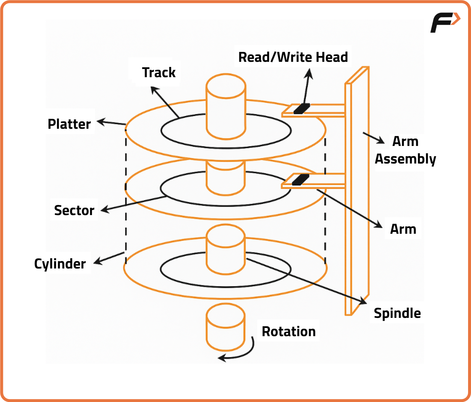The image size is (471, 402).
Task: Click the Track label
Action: tap(158, 72)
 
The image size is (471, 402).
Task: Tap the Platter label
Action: tap(69, 124)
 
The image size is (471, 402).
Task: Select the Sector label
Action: tap(74, 210)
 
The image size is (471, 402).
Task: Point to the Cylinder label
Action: tap(60, 264)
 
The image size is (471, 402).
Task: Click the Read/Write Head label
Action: tap(293, 57)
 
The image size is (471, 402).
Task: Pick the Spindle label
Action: tap(397, 313)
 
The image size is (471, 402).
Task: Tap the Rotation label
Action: tap(288, 331)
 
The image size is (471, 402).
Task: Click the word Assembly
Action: tap(405, 159)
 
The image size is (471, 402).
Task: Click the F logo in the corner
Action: tap(445, 22)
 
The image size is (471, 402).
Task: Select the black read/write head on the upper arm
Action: tap(302, 108)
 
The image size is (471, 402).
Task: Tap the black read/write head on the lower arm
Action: tap(301, 180)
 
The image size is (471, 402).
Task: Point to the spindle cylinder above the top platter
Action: tap(226, 106)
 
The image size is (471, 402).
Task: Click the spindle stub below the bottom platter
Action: tap(225, 328)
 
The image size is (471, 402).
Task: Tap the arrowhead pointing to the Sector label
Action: tap(104, 210)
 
